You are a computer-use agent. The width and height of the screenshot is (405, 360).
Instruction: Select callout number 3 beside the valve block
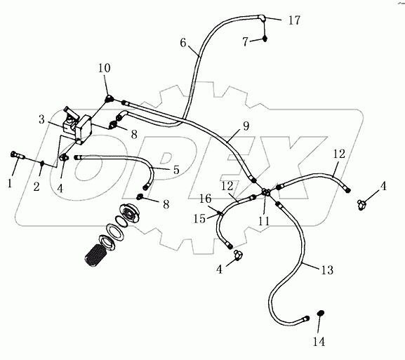42,121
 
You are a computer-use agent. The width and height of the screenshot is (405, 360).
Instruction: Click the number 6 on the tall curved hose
182,43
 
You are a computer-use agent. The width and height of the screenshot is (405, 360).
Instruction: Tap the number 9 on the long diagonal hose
246,128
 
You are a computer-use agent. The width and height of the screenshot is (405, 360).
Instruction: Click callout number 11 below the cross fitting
265,219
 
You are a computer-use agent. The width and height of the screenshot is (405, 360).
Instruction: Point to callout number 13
326,269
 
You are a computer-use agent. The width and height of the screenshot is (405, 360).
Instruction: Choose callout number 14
319,342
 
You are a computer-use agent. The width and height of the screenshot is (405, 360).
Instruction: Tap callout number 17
293,20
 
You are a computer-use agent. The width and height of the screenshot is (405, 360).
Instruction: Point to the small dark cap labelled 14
320,313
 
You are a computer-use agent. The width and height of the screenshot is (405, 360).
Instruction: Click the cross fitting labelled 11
265,192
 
